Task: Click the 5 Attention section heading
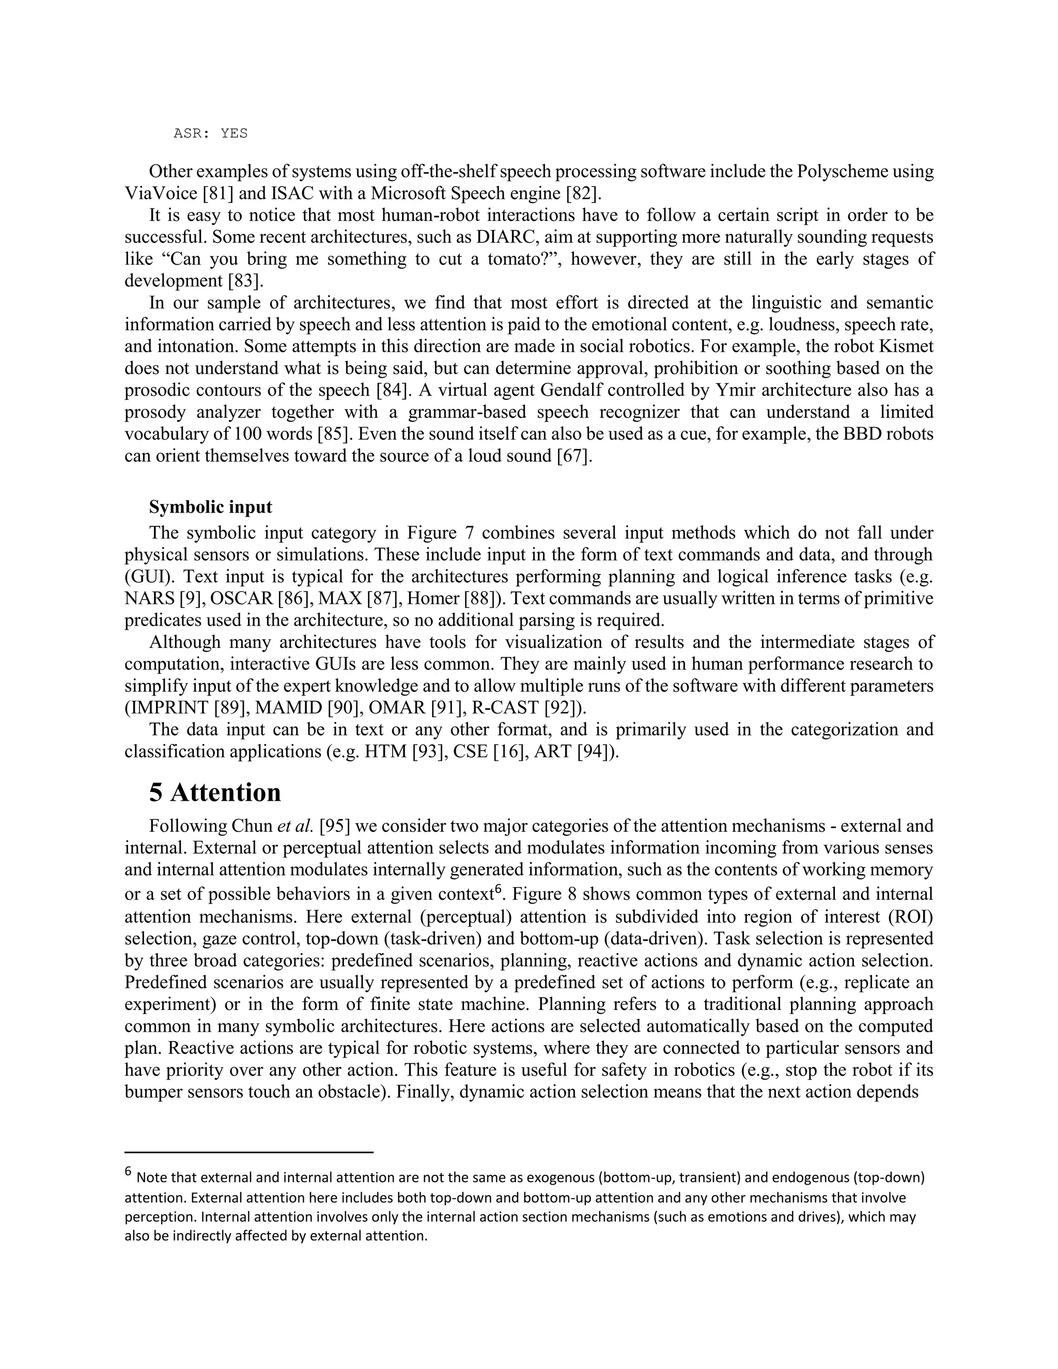(x=215, y=793)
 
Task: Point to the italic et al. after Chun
(x=294, y=826)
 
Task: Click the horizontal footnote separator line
(x=249, y=1152)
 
